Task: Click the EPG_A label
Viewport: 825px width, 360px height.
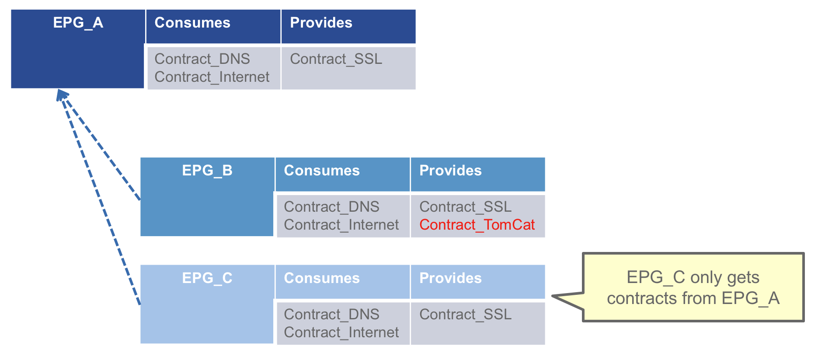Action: click(78, 23)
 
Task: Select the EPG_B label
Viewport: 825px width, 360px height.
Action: click(207, 171)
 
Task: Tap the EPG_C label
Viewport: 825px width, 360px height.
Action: click(207, 278)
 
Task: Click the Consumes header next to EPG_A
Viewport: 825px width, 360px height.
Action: click(192, 23)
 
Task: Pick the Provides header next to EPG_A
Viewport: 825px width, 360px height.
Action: click(321, 23)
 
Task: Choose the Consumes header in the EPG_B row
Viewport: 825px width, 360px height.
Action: click(322, 171)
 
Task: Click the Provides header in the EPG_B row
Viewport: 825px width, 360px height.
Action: click(450, 171)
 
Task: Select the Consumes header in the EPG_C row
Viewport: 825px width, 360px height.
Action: click(322, 278)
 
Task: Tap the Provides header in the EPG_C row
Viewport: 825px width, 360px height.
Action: click(450, 278)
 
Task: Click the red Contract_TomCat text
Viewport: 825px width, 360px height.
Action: click(477, 225)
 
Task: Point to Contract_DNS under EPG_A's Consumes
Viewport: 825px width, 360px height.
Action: click(202, 59)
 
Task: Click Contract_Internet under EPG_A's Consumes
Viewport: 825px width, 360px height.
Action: click(212, 77)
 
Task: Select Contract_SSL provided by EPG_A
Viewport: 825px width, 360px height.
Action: click(336, 59)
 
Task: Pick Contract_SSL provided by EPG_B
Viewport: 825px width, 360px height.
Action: click(466, 207)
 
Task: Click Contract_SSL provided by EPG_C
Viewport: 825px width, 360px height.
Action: click(466, 315)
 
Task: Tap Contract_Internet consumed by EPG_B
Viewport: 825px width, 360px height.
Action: click(341, 225)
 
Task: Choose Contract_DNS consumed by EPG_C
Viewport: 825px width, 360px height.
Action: click(331, 315)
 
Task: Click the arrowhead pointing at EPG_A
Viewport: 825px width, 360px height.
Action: click(62, 94)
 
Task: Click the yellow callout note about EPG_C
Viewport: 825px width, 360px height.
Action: click(693, 287)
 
